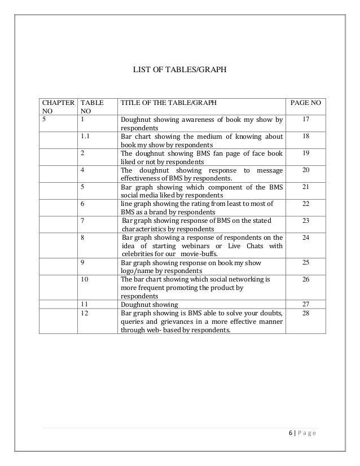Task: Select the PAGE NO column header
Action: click(x=305, y=104)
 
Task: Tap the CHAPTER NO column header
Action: click(x=56, y=108)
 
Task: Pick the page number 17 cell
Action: click(x=305, y=120)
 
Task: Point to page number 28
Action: click(x=305, y=313)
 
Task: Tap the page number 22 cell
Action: click(x=305, y=204)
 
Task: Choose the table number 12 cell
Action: click(x=85, y=313)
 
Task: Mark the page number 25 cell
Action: click(x=305, y=263)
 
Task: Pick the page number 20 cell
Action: click(x=305, y=170)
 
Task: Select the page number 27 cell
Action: click(x=305, y=304)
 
